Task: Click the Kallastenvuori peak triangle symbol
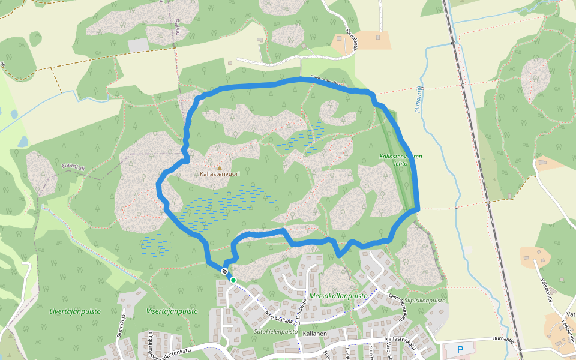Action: point(219,167)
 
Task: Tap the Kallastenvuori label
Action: point(220,174)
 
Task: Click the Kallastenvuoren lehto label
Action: point(401,160)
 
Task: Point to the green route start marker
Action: point(233,280)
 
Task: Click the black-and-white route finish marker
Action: point(224,272)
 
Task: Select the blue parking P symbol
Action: point(460,349)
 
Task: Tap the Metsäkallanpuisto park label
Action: point(339,296)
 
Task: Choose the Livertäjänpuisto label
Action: point(75,311)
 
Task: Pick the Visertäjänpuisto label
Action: point(172,311)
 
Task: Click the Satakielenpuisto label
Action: point(276,331)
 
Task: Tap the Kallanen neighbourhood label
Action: point(314,334)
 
